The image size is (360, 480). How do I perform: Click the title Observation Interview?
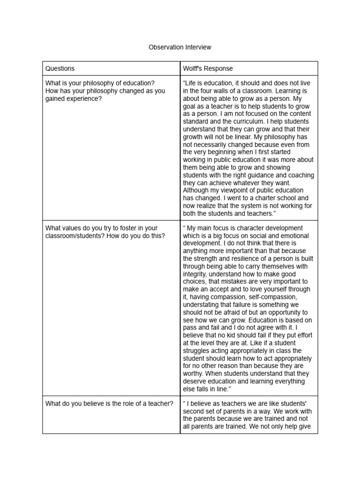180,47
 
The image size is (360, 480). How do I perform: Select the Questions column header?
60,68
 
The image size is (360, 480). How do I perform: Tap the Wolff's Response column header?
208,68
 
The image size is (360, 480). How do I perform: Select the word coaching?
297,175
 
